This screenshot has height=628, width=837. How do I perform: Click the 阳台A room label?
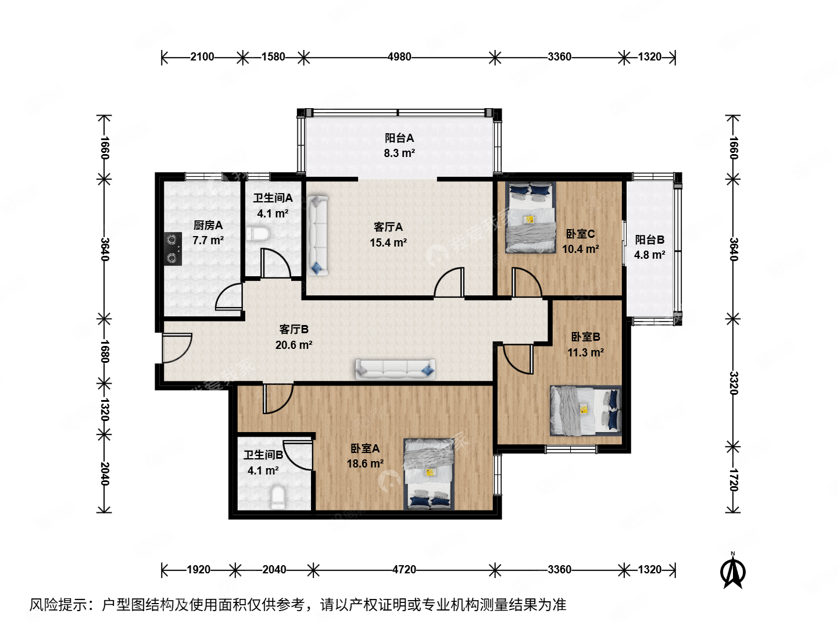click(x=399, y=138)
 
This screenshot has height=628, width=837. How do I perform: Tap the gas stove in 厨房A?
click(x=173, y=249)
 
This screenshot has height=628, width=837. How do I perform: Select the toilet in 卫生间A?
click(x=258, y=234)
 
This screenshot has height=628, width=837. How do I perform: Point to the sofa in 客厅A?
click(x=317, y=235)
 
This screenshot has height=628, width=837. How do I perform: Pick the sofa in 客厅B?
click(x=395, y=369)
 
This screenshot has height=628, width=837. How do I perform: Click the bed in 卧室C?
click(x=530, y=217)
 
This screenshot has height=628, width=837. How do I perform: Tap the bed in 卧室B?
click(x=585, y=411)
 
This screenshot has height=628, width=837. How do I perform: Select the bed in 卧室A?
click(x=429, y=474)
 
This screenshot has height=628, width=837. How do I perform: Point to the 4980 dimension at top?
click(x=399, y=57)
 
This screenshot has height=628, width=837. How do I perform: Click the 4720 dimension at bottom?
click(x=404, y=569)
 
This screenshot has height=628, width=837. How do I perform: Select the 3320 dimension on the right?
click(x=733, y=383)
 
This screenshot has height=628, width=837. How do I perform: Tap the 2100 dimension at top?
click(x=202, y=57)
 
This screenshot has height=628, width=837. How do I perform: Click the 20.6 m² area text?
click(x=294, y=345)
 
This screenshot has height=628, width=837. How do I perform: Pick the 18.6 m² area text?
click(x=364, y=463)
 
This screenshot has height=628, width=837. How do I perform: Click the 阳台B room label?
click(x=649, y=240)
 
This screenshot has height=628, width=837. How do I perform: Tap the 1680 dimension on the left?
click(x=104, y=351)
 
